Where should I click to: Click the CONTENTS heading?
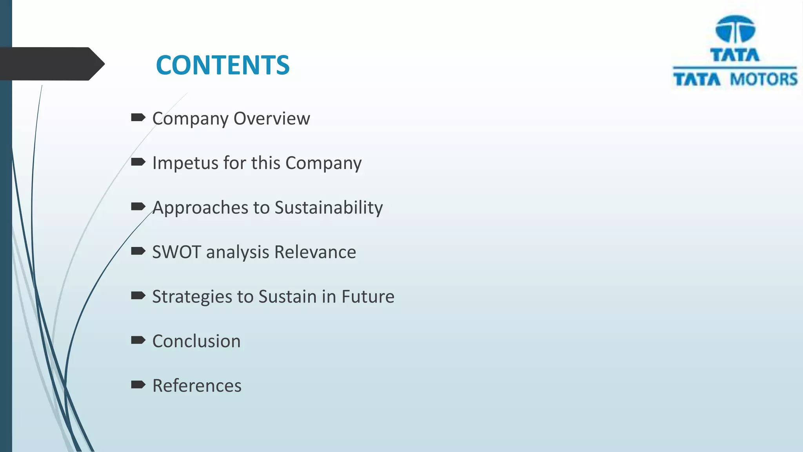pos(222,65)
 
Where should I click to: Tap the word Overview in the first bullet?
pos(272,118)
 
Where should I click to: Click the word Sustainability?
pos(329,208)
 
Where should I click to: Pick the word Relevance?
pos(315,252)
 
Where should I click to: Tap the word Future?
pos(368,296)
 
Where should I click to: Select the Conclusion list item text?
pos(196,341)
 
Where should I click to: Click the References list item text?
pos(197,385)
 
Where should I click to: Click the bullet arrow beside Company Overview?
pos(138,117)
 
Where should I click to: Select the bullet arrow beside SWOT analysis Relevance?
pos(138,251)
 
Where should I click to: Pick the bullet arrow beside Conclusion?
pos(138,340)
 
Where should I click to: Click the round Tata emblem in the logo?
pos(735,29)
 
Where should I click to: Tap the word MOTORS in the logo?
pos(763,80)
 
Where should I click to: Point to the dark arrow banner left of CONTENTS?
pos(51,64)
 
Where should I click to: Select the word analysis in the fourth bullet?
pos(238,252)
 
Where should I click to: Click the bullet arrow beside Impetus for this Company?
pos(138,162)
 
